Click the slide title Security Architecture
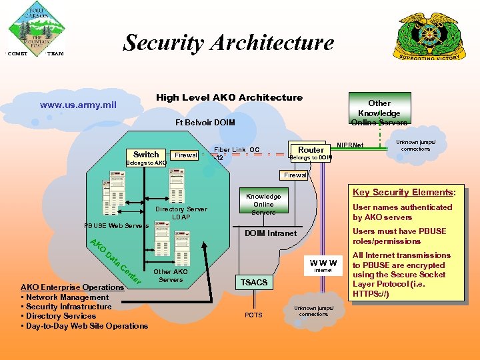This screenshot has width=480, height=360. click(229, 43)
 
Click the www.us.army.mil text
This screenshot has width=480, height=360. click(78, 105)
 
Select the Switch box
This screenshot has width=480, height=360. click(146, 154)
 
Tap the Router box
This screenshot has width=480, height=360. click(311, 150)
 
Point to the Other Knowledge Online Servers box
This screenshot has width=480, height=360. click(379, 112)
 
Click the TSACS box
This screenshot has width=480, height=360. click(253, 282)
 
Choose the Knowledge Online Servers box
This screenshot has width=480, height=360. click(263, 204)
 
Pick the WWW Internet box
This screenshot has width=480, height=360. click(323, 265)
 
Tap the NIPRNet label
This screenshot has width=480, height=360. click(350, 145)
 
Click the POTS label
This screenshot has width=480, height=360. click(253, 315)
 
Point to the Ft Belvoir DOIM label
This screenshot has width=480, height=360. click(205, 122)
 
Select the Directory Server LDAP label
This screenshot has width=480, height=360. click(181, 213)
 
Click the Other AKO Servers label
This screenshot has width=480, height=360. click(171, 275)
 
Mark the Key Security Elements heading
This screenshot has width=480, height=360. click(404, 193)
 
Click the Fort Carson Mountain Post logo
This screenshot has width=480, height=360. click(36, 29)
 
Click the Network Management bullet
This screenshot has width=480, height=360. click(65, 297)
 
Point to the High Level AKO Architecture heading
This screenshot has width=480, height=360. click(229, 97)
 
